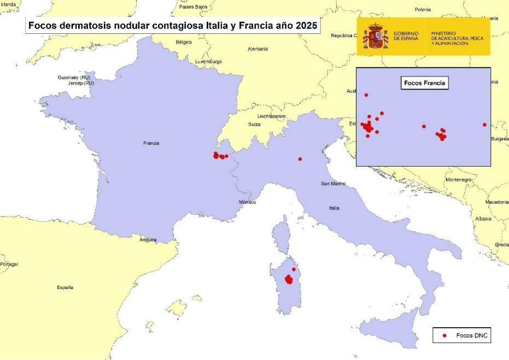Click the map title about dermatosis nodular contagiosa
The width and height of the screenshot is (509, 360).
click(x=172, y=26)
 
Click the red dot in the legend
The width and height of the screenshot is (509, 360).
click(x=444, y=335)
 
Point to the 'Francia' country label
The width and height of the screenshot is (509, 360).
click(x=151, y=143)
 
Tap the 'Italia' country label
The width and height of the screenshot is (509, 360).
click(x=334, y=208)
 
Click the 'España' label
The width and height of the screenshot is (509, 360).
click(x=65, y=287)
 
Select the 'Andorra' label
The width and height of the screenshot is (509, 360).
click(x=148, y=240)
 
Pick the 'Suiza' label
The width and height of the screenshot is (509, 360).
click(x=255, y=125)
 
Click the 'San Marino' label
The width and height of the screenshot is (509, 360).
click(x=333, y=184)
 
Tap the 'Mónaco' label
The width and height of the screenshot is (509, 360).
click(x=247, y=202)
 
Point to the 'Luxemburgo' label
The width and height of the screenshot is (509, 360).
click(x=209, y=62)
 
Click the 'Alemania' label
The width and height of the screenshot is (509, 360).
click(x=258, y=49)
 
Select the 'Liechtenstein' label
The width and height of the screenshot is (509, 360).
click(x=272, y=116)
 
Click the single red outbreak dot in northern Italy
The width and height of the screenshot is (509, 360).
click(x=300, y=159)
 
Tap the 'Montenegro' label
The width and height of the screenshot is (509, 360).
click(x=459, y=180)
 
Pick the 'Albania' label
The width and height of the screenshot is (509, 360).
click(x=483, y=219)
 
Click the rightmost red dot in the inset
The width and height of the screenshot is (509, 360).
click(x=484, y=125)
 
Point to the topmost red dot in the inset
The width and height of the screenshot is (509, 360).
click(x=366, y=95)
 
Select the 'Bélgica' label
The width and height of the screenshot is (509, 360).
click(x=184, y=42)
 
